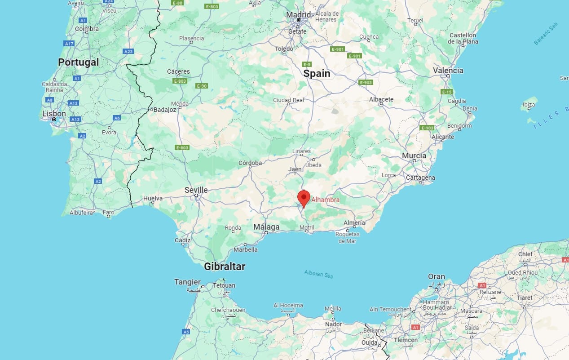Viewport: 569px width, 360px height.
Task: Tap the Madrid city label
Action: pyautogui.click(x=299, y=15)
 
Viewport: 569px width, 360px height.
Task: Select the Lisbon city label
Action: pyautogui.click(x=54, y=114)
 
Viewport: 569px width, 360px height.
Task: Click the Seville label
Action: pyautogui.click(x=196, y=190)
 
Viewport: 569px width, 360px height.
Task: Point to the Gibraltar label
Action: pyautogui.click(x=225, y=267)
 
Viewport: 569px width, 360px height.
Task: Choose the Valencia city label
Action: pyautogui.click(x=448, y=71)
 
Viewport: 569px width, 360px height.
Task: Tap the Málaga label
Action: pyautogui.click(x=266, y=227)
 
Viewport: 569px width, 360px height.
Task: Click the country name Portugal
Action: pyautogui.click(x=79, y=62)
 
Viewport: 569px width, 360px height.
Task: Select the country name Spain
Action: pyautogui.click(x=317, y=73)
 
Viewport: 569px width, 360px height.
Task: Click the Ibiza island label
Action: pyautogui.click(x=529, y=105)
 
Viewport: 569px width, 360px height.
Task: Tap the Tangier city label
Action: pyautogui.click(x=187, y=282)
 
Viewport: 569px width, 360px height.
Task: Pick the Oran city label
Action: pyautogui.click(x=437, y=277)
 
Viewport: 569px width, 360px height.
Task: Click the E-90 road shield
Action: pyautogui.click(x=202, y=86)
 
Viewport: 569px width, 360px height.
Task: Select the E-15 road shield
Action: pyautogui.click(x=446, y=92)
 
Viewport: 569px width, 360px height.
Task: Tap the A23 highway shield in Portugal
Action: pyautogui.click(x=128, y=51)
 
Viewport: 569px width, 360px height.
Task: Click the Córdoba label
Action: pyautogui.click(x=250, y=163)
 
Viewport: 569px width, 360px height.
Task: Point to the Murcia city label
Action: pyautogui.click(x=414, y=156)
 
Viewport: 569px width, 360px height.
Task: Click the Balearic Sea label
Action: pyautogui.click(x=546, y=33)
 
